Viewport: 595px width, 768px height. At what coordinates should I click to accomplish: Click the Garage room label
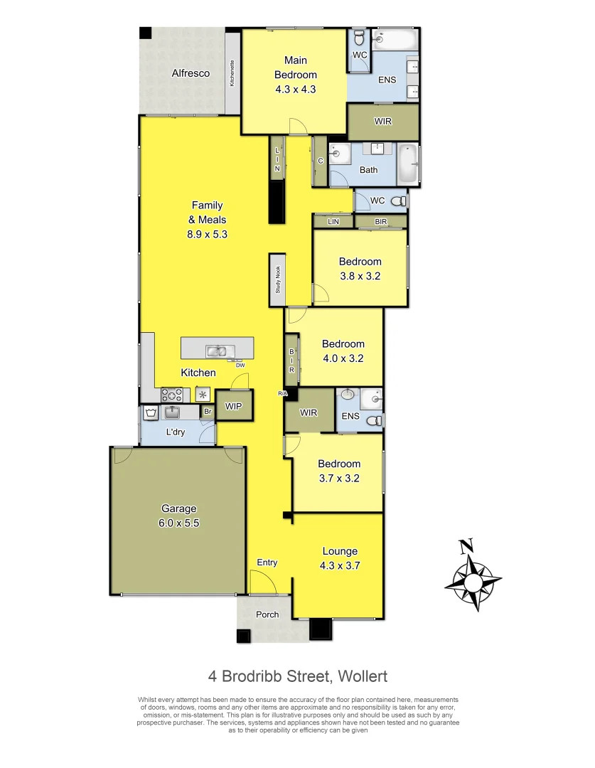click(178, 508)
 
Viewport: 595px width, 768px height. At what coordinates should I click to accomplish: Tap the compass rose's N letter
click(466, 546)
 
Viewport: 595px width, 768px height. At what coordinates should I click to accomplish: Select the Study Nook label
click(278, 280)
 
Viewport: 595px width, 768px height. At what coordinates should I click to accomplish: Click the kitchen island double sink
click(217, 350)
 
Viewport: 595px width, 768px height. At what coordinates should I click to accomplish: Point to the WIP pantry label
click(233, 406)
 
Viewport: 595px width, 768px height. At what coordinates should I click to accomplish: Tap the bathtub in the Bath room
click(408, 163)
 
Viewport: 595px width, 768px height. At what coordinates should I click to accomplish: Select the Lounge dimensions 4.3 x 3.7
click(340, 565)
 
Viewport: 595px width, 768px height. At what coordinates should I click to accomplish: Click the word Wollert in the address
click(359, 676)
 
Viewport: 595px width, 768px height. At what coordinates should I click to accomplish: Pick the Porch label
click(267, 614)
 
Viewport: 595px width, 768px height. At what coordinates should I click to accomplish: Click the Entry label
click(267, 562)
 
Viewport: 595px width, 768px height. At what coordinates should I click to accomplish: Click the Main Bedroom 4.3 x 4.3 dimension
click(295, 90)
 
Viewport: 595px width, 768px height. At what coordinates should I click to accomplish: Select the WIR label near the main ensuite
click(383, 122)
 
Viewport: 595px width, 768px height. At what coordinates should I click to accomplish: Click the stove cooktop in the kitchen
click(172, 394)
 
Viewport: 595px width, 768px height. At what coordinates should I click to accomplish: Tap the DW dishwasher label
click(240, 366)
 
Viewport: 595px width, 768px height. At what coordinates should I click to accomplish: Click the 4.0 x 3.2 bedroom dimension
click(343, 358)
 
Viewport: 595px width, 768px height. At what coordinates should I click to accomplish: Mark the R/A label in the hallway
click(282, 393)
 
